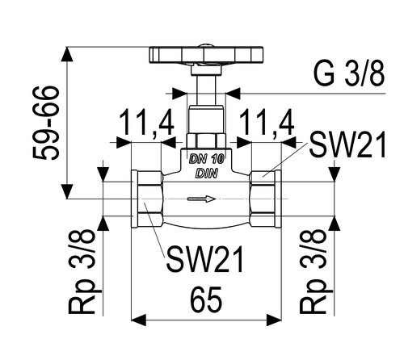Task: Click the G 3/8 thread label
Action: (x=349, y=73)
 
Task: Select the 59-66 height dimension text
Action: (x=46, y=123)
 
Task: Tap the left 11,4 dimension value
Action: (x=147, y=123)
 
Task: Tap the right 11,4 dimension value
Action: (x=267, y=123)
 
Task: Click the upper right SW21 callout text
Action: (x=347, y=144)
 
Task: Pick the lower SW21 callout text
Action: (x=205, y=259)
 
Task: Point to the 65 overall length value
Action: (x=206, y=300)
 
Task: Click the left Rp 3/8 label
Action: (x=82, y=271)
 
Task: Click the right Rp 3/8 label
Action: (x=313, y=271)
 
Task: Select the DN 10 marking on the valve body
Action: (x=207, y=160)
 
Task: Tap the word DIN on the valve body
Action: (x=206, y=174)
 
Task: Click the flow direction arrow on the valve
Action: (x=201, y=199)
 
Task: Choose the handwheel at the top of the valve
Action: (x=206, y=55)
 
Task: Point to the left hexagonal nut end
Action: (x=147, y=199)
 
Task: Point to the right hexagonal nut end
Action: (x=265, y=199)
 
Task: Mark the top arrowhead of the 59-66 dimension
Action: (x=66, y=55)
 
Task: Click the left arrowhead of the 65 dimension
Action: (x=138, y=320)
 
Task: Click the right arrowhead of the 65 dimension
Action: (x=274, y=320)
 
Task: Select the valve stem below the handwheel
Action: (x=206, y=90)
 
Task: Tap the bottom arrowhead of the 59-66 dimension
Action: (x=66, y=191)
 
